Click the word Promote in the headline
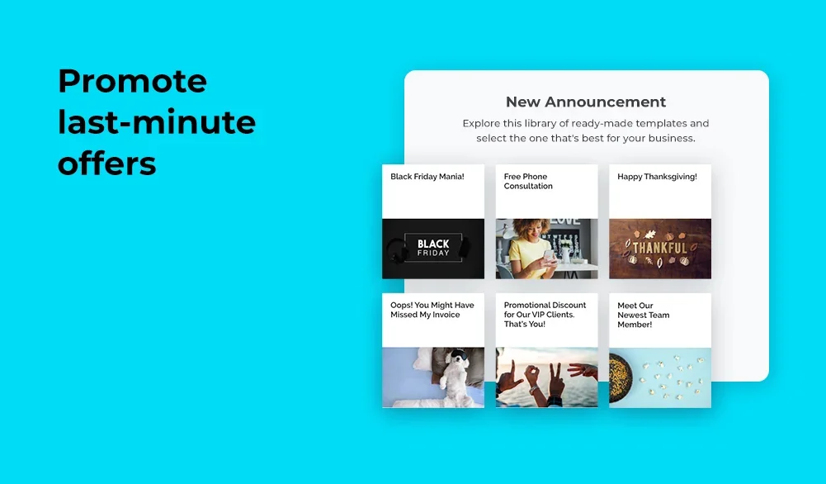132,81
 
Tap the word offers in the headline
107,163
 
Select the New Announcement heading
586,102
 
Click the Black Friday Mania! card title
427,177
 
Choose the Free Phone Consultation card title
528,182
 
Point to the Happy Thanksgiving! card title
657,177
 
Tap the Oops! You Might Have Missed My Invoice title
432,310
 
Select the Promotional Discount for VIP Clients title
545,315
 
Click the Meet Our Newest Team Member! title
643,316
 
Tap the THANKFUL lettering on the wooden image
659,248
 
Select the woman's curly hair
531,228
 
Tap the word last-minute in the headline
157,121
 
